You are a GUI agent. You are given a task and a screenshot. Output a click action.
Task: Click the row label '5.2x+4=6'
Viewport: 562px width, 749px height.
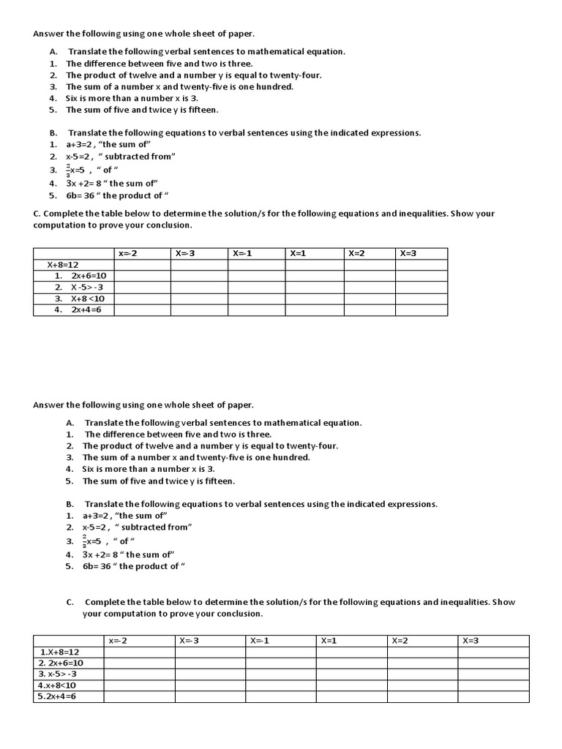57,696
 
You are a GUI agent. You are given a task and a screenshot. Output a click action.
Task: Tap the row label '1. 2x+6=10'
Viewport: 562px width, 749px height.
80,276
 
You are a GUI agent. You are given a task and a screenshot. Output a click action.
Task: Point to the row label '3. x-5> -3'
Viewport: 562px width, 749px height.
58,674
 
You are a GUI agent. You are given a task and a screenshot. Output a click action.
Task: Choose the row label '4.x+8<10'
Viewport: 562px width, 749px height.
57,685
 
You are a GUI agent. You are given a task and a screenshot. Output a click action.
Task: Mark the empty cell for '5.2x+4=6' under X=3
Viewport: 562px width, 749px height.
493,696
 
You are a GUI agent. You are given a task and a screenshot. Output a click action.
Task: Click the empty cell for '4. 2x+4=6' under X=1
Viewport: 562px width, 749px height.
314,310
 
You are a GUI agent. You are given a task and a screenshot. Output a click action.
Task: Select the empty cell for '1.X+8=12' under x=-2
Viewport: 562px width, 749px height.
139,652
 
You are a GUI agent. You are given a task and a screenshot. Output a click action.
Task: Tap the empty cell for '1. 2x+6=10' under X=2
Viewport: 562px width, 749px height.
370,276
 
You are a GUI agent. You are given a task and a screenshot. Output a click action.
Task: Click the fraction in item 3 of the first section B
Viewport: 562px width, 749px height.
68,170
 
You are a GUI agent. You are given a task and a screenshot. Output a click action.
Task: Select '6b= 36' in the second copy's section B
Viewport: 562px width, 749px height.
98,566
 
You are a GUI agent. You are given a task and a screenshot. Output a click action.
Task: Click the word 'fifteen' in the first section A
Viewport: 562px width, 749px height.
201,110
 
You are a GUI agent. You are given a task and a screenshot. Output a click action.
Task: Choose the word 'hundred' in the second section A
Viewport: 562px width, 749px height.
293,457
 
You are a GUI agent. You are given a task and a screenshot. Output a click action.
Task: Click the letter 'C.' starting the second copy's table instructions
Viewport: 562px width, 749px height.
70,602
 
